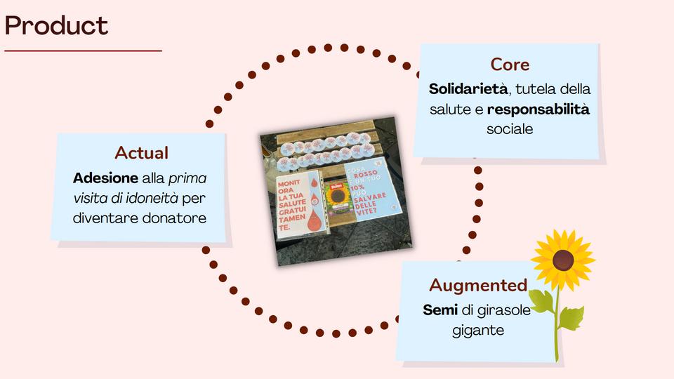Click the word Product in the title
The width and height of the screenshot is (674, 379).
tap(56, 26)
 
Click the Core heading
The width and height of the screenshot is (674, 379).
tap(510, 65)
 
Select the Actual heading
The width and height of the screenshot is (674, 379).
tap(141, 152)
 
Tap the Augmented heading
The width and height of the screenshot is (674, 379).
tap(478, 285)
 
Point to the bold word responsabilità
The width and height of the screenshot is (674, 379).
tap(538, 109)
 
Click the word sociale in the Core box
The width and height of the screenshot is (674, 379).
tap(510, 130)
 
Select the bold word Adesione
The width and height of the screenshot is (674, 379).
tap(105, 178)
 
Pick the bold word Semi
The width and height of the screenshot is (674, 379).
tap(440, 310)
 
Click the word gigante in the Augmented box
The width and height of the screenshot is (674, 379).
tap(478, 330)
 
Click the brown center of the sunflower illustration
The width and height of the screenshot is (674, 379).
tap(562, 260)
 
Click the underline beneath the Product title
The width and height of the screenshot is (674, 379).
tap(83, 51)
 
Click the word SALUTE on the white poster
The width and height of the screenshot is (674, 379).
tap(293, 204)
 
